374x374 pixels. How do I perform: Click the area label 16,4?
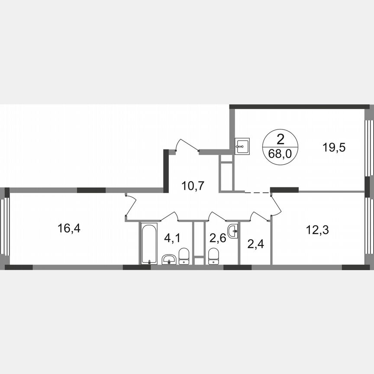[70, 228]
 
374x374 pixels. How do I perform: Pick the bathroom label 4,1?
[172, 238]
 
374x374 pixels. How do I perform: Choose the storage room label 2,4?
[255, 244]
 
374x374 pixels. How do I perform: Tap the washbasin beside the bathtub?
[168, 259]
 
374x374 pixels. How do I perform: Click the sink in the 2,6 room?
[233, 230]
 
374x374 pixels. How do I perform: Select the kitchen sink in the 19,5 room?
[242, 146]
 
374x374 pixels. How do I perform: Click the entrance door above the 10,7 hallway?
[187, 145]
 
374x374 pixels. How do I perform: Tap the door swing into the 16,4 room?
[130, 204]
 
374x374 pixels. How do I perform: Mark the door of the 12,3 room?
[276, 206]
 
